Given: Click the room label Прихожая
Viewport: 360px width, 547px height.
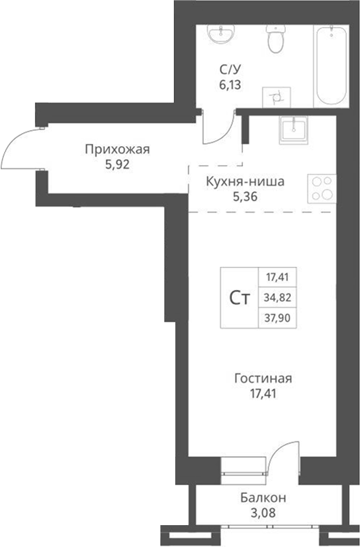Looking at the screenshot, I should point(117,150).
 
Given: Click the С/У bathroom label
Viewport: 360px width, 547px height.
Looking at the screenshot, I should point(231,70).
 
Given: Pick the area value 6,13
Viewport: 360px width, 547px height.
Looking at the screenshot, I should point(231,84).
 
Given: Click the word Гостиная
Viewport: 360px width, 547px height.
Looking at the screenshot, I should point(263,379).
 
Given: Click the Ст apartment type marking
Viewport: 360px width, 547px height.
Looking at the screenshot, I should point(240,298).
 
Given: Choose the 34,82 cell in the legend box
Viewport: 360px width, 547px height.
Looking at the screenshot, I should point(278,298).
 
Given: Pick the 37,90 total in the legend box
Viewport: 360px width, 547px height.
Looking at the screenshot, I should point(278,318).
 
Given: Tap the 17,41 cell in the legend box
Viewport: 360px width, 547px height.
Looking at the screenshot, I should point(278,277).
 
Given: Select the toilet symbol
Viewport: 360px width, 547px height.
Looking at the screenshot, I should point(276,40).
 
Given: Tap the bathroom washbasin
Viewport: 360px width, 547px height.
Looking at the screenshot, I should point(220,35).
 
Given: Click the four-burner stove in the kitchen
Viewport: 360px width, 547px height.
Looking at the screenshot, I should point(321,188).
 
